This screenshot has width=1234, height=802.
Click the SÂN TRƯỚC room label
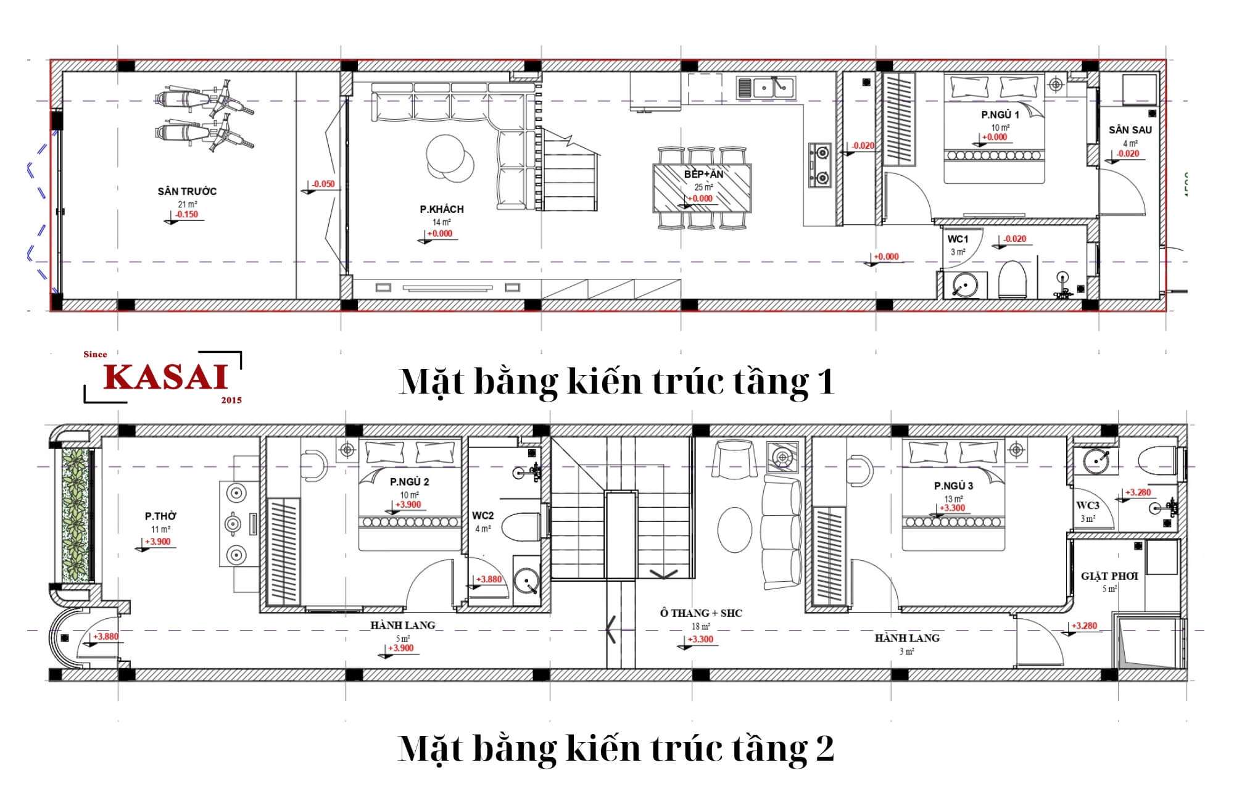[x=187, y=191]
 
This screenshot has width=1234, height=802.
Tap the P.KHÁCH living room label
[x=442, y=209]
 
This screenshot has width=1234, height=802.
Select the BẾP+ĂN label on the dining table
[x=703, y=175]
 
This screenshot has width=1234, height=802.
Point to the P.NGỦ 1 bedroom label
[x=1000, y=115]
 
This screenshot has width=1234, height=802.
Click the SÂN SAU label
[x=1130, y=130]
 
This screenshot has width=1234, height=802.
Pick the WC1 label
[x=958, y=239]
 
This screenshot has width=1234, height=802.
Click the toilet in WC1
[x=1012, y=279]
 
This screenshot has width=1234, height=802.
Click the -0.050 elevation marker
[x=323, y=184]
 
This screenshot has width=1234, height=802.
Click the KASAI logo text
[x=166, y=377]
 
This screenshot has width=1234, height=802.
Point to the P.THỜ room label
[x=160, y=516]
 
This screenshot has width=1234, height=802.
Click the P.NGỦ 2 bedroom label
[x=409, y=482]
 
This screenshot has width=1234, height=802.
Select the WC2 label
[x=482, y=516]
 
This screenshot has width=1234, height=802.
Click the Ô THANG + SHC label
[x=701, y=613]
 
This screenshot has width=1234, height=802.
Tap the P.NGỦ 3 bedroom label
[x=953, y=486]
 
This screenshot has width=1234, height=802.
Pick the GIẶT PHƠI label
[x=1109, y=576]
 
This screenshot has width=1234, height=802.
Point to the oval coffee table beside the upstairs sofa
[x=735, y=529]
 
